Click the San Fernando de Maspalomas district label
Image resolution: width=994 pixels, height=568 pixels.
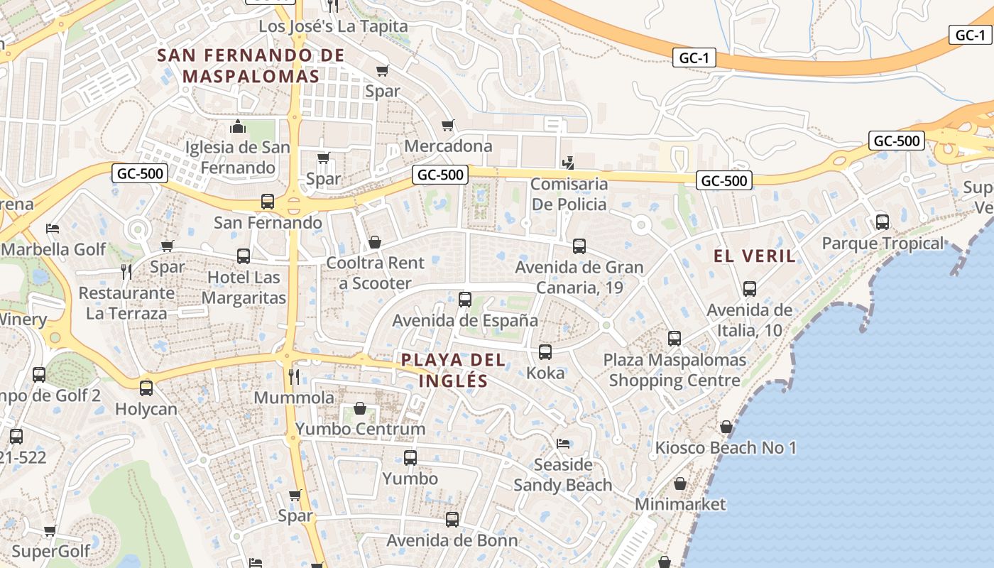[x=251, y=65]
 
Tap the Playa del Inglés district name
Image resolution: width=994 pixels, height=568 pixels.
[x=454, y=370]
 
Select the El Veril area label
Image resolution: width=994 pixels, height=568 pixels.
[x=755, y=256]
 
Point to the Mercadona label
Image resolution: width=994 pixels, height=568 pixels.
[x=448, y=146]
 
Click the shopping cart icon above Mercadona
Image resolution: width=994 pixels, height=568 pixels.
[x=448, y=126]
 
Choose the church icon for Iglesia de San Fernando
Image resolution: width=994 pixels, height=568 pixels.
[x=238, y=127]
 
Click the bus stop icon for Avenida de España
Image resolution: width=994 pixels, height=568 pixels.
[x=465, y=299]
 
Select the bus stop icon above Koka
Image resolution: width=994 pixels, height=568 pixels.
[x=545, y=351]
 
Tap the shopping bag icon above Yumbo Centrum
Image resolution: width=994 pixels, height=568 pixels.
[x=360, y=409]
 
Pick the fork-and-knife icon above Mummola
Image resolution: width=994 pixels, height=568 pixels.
[x=294, y=376]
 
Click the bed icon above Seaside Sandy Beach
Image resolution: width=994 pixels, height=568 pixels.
[x=563, y=444]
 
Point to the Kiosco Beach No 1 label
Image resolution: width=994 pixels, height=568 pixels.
[x=726, y=448]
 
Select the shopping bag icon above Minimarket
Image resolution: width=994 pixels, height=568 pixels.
[x=680, y=484]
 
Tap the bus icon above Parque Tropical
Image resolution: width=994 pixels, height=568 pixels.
[x=883, y=222]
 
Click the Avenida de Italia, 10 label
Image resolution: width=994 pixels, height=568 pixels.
[x=749, y=320]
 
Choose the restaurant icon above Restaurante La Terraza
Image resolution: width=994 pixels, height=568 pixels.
[x=126, y=271]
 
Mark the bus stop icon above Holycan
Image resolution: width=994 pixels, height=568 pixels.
[x=146, y=388]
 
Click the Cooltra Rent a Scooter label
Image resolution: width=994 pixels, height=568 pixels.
[x=375, y=273]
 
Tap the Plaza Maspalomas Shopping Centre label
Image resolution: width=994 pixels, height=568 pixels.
[x=674, y=370]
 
